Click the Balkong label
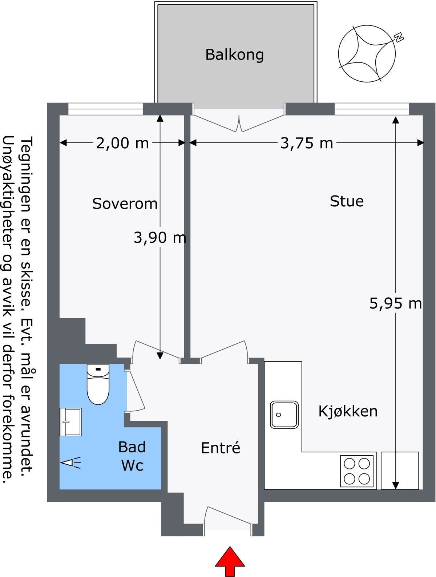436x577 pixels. tap(234, 55)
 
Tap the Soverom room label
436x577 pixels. tap(125, 203)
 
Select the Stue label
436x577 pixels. tap(347, 201)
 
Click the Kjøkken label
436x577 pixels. tap(348, 411)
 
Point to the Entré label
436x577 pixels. tap(221, 448)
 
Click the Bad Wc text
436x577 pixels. tap(132, 456)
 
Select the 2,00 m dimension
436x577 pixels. tap(122, 143)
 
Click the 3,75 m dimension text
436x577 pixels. tap(307, 143)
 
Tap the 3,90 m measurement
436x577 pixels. tap(160, 238)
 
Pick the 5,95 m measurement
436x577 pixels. tap(396, 303)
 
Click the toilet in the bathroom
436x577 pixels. tap(98, 384)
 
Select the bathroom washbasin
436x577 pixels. tap(70, 422)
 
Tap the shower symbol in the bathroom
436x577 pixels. tap(70, 463)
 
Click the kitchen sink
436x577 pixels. tap(284, 415)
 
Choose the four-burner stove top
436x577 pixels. tap(357, 471)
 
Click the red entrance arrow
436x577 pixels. tap(230, 561)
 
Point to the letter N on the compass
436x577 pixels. tap(399, 37)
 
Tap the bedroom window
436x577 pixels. tap(106, 109)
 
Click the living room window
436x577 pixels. tap(371, 109)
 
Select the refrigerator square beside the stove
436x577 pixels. tap(400, 471)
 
